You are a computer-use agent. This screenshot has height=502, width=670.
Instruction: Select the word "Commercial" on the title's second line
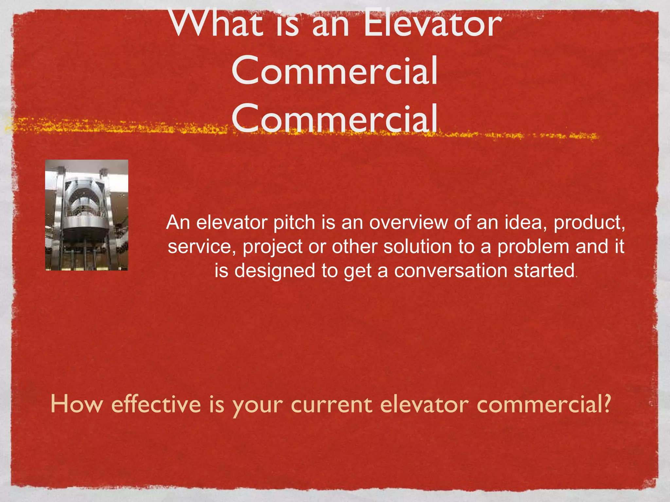[x=334, y=71]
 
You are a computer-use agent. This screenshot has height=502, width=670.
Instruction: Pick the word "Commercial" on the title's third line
[x=334, y=118]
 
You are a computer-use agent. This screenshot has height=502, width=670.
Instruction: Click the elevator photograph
[x=87, y=215]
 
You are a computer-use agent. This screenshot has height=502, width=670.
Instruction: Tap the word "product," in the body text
[x=589, y=223]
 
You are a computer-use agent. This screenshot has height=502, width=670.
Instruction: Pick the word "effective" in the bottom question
[x=156, y=404]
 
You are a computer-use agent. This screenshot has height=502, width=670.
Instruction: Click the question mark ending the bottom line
[x=607, y=404]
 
